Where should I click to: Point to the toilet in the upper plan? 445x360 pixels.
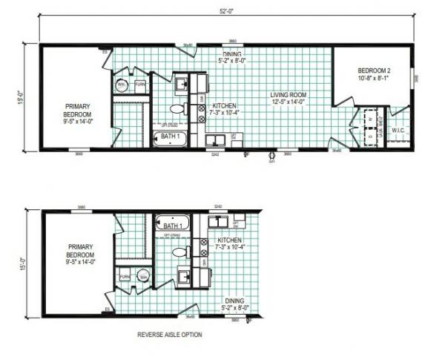click(177, 108)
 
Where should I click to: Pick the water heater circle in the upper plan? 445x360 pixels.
click(122, 86)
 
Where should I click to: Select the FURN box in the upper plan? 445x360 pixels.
click(139, 86)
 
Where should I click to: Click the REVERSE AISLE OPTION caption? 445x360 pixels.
click(169, 335)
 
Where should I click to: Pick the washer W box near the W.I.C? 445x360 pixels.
click(369, 119)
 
